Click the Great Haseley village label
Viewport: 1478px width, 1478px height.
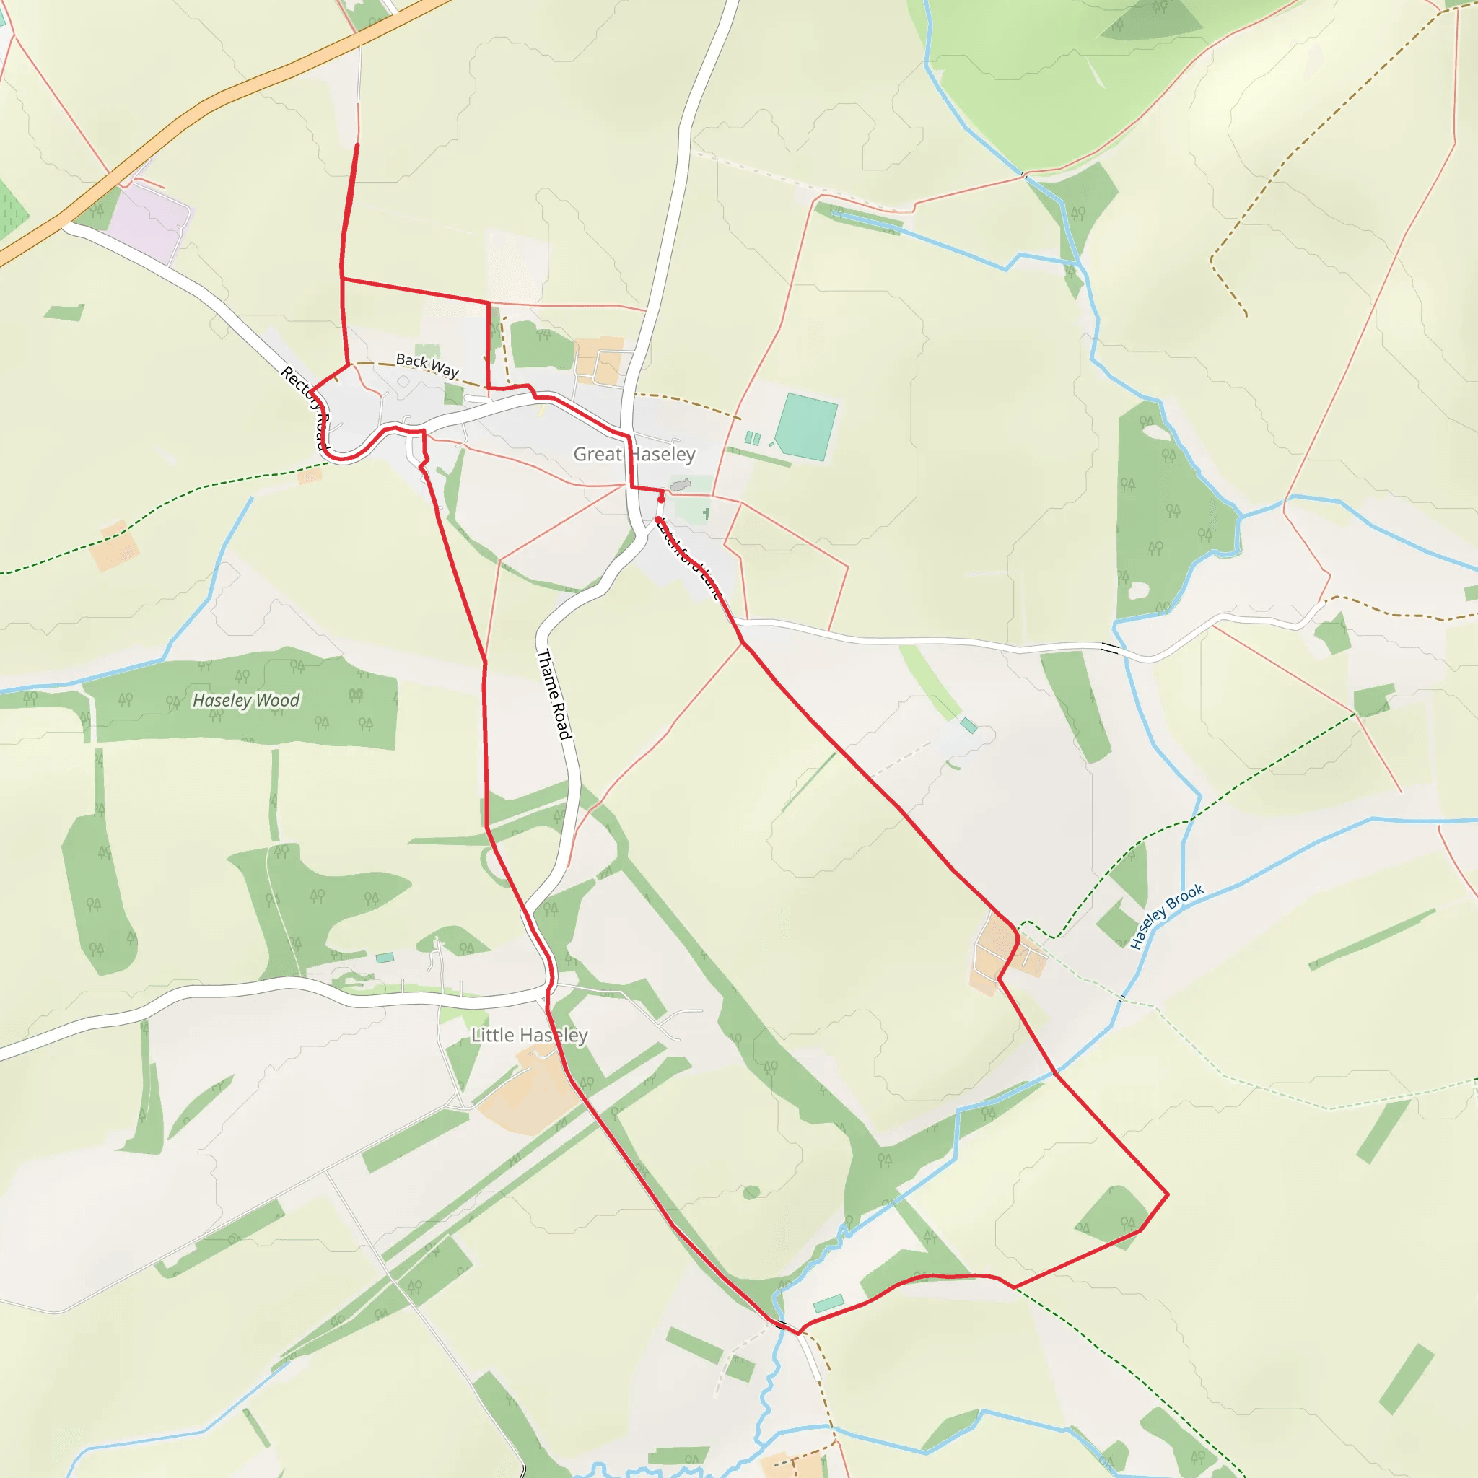(x=634, y=455)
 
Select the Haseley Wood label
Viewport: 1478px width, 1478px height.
(x=245, y=700)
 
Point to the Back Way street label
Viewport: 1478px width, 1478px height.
(x=427, y=366)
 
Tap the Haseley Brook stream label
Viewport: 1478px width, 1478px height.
(x=1167, y=917)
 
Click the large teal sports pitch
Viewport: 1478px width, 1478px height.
(x=806, y=426)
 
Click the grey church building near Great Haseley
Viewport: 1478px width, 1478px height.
(x=680, y=484)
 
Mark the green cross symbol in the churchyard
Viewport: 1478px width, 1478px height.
(x=706, y=513)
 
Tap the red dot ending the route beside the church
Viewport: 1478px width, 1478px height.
(x=661, y=499)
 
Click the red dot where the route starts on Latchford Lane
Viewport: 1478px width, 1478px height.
(x=658, y=520)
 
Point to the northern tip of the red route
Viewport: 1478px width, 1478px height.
(x=357, y=144)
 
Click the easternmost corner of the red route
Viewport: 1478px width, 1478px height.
(x=1168, y=1194)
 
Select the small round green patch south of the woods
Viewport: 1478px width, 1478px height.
(x=751, y=1192)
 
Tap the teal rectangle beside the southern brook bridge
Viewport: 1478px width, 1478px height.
(x=828, y=1303)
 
